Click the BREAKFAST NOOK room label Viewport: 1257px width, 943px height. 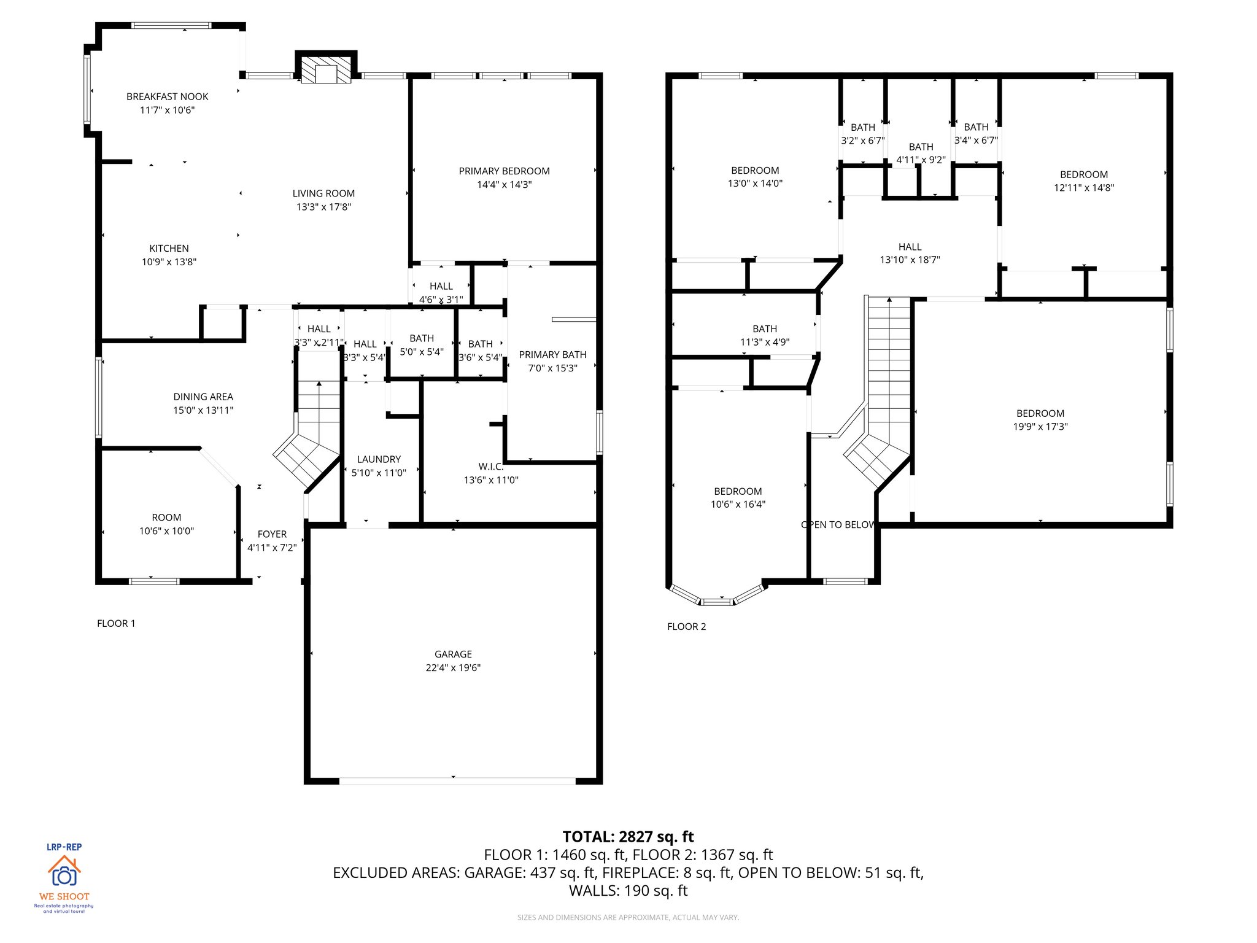coord(167,96)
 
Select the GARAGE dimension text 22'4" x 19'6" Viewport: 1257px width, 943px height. coord(453,668)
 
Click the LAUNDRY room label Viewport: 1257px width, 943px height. coord(379,459)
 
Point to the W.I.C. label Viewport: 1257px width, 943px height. coord(491,467)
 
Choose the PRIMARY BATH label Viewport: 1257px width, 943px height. coord(552,354)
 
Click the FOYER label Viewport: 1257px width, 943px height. coord(272,534)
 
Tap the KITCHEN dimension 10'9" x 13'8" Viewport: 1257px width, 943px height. coord(169,262)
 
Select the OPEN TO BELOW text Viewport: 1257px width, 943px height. coord(838,525)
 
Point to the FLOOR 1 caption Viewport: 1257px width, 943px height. coord(116,623)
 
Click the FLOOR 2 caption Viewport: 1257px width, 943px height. coord(687,626)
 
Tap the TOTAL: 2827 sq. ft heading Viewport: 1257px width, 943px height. coord(628,837)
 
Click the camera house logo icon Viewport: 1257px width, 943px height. coord(64,871)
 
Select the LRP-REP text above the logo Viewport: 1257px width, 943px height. coord(64,847)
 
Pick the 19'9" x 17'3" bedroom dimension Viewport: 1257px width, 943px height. coord(1040,427)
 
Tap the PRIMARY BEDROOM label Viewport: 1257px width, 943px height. coord(504,171)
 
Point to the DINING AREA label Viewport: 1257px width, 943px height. coord(203,397)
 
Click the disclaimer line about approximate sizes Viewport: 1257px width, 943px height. coord(628,917)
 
